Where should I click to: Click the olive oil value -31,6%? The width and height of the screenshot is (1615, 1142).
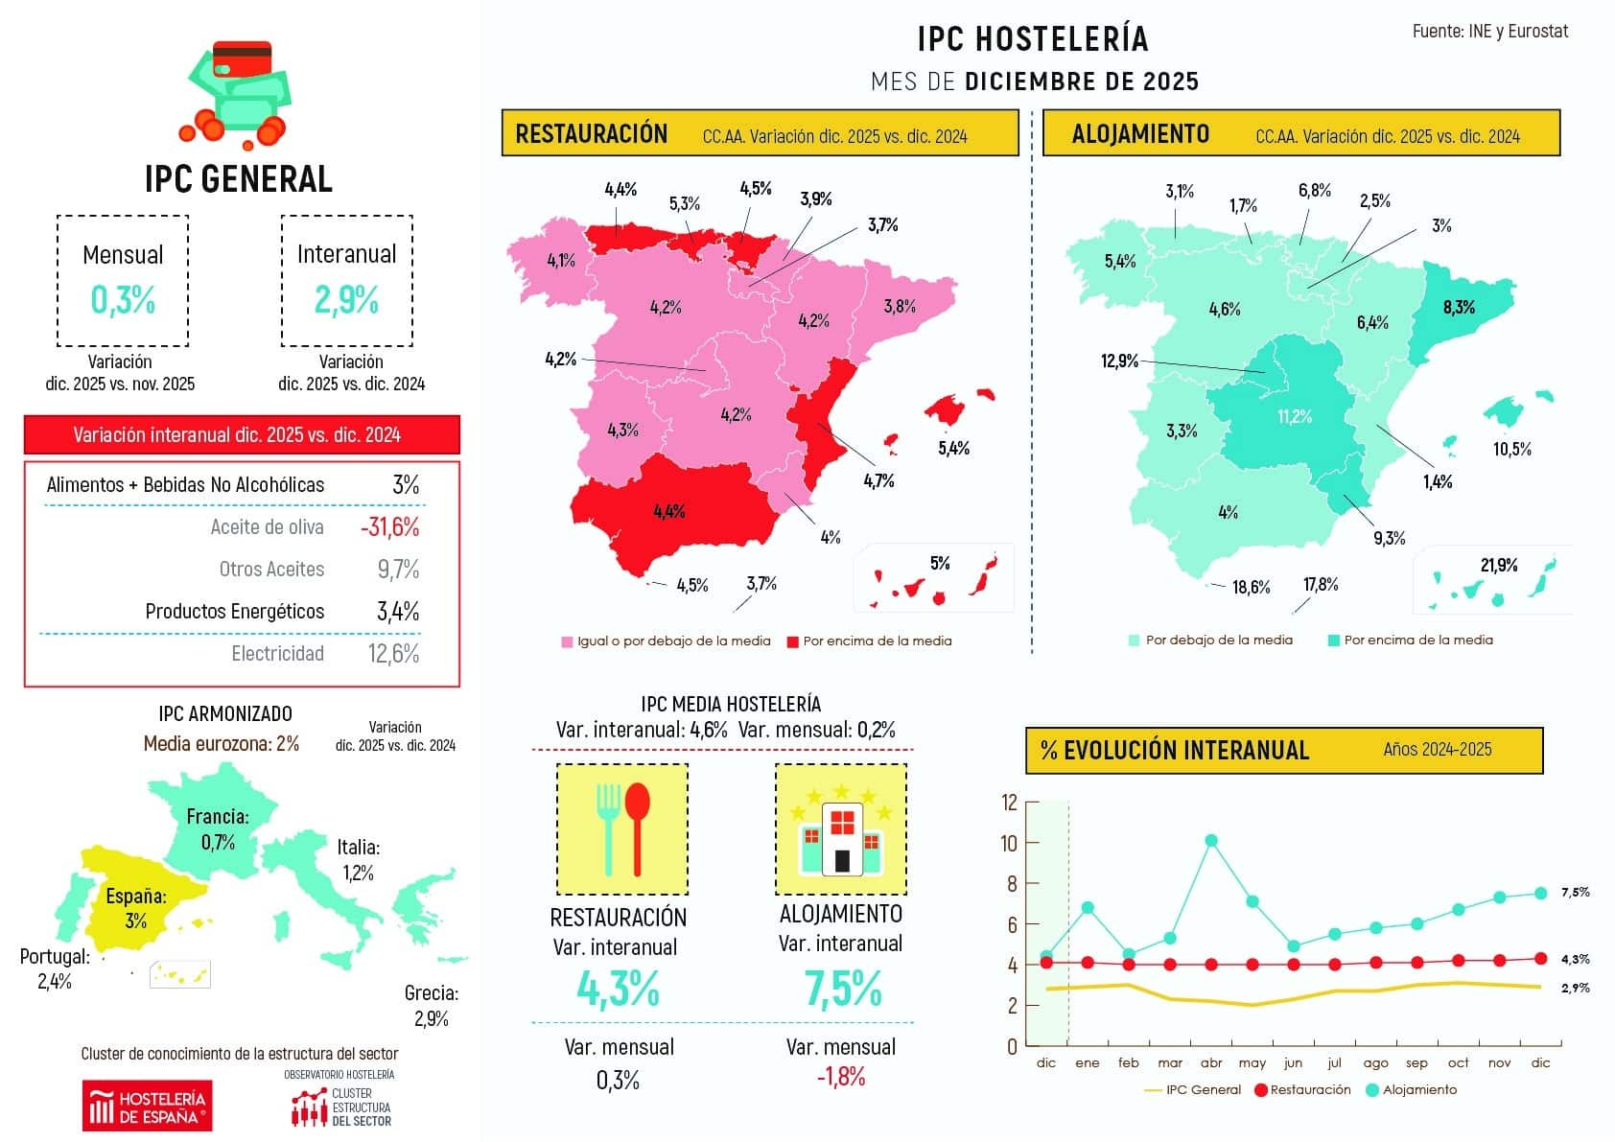pyautogui.click(x=389, y=526)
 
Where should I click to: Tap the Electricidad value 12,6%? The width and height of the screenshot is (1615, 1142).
pyautogui.click(x=393, y=654)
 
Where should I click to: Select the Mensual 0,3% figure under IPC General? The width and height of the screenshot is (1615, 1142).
pyautogui.click(x=123, y=300)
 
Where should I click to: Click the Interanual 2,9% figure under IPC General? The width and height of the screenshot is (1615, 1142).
pyautogui.click(x=346, y=300)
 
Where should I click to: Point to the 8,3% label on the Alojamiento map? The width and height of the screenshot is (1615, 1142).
pyautogui.click(x=1459, y=307)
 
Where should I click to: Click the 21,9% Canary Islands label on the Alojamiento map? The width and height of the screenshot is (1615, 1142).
pyautogui.click(x=1498, y=565)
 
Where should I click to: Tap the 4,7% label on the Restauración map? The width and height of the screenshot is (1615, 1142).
pyautogui.click(x=878, y=481)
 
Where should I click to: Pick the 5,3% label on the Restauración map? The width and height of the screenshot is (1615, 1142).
pyautogui.click(x=685, y=203)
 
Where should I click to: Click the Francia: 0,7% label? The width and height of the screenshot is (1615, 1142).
pyautogui.click(x=218, y=829)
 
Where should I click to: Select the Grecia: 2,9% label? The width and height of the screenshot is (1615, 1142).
pyautogui.click(x=431, y=1006)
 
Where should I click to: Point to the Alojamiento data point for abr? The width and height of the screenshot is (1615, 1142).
pyautogui.click(x=1211, y=841)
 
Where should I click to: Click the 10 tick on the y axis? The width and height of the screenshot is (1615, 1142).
pyautogui.click(x=1008, y=843)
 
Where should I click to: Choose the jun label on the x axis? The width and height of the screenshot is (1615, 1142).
pyautogui.click(x=1293, y=1062)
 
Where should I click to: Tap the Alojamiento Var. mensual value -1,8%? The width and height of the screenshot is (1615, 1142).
pyautogui.click(x=841, y=1077)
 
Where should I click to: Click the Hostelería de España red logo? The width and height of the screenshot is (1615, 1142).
pyautogui.click(x=147, y=1107)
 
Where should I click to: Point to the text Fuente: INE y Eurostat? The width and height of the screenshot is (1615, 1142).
pyautogui.click(x=1489, y=31)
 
